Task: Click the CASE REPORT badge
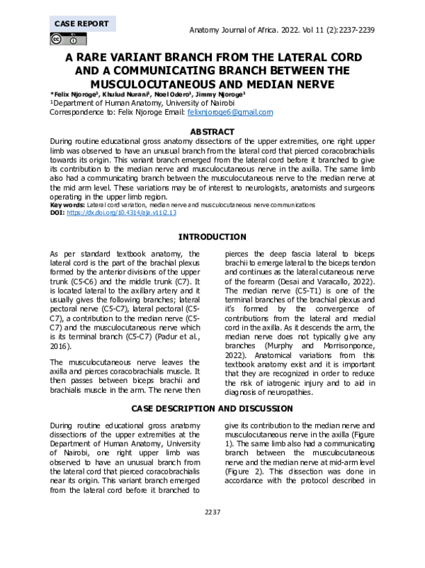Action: (81, 23)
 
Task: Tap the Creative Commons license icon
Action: (64, 40)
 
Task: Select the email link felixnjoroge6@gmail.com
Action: (229, 112)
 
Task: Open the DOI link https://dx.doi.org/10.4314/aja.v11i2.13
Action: (120, 212)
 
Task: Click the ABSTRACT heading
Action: (212, 132)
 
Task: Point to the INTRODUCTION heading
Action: (212, 237)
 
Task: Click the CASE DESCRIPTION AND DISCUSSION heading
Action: (212, 408)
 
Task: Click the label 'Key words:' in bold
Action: (67, 204)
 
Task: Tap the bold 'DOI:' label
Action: (57, 212)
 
